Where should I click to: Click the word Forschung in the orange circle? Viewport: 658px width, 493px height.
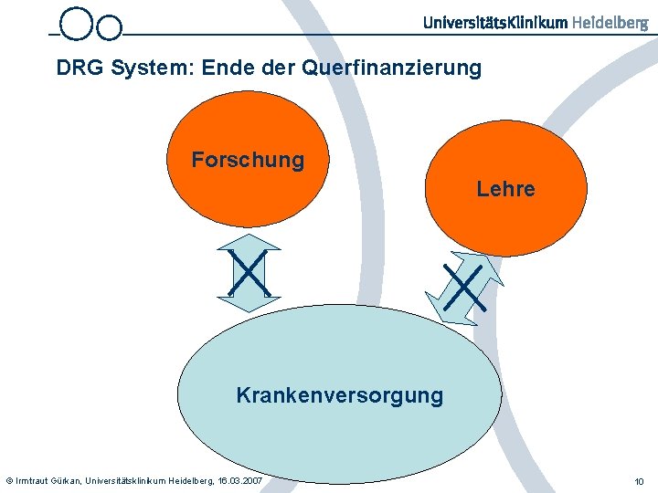point(248,160)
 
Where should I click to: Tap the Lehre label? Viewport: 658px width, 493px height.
point(505,189)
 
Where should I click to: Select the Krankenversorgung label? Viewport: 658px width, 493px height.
point(339,395)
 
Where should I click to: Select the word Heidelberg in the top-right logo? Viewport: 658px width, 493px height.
point(610,23)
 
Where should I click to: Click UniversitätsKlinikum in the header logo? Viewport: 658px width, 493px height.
point(495,23)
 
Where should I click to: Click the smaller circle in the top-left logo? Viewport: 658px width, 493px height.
point(109,28)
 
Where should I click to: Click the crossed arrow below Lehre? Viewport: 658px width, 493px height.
point(464,287)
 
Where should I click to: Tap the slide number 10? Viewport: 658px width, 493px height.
point(639,481)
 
